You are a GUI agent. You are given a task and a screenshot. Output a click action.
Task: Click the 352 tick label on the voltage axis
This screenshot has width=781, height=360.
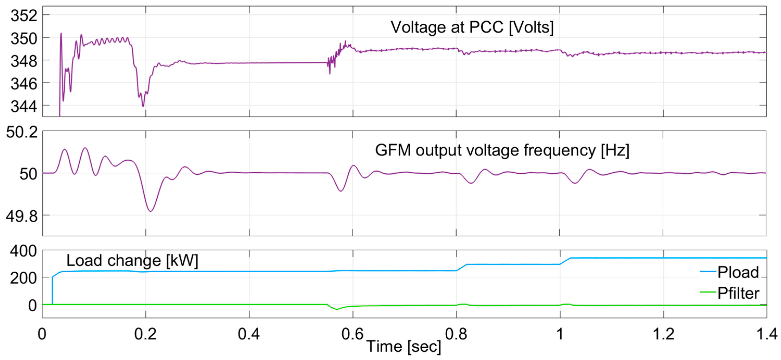(x=24, y=15)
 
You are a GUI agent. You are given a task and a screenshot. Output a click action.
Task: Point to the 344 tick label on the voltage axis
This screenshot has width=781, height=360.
(x=24, y=106)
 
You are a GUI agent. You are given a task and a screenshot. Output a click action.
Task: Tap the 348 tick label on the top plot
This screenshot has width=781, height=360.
(x=24, y=61)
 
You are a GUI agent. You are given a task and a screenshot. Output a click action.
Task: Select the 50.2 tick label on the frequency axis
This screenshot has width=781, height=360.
(x=22, y=132)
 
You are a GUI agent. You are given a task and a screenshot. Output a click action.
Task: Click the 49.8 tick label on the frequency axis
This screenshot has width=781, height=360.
(x=22, y=216)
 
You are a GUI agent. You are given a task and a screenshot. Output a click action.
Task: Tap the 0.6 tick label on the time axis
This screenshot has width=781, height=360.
(x=352, y=334)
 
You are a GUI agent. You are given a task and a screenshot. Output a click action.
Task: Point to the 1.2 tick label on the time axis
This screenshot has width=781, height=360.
(x=663, y=334)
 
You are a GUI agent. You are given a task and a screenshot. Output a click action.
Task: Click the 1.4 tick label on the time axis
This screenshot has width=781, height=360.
(x=766, y=334)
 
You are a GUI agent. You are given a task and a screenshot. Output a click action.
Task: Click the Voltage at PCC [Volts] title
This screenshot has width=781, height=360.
(x=472, y=27)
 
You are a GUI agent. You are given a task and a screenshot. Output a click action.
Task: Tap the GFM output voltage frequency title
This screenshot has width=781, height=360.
(x=502, y=150)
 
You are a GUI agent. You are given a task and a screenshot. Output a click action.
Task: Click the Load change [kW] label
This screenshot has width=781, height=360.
(x=132, y=261)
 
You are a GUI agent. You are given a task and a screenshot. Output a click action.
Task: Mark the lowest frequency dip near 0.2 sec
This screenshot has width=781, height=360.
(x=151, y=211)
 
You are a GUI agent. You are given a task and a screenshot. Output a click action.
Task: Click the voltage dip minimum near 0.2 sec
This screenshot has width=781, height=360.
(x=143, y=106)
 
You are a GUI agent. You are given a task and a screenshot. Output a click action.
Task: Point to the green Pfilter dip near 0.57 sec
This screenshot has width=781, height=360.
(x=337, y=309)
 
